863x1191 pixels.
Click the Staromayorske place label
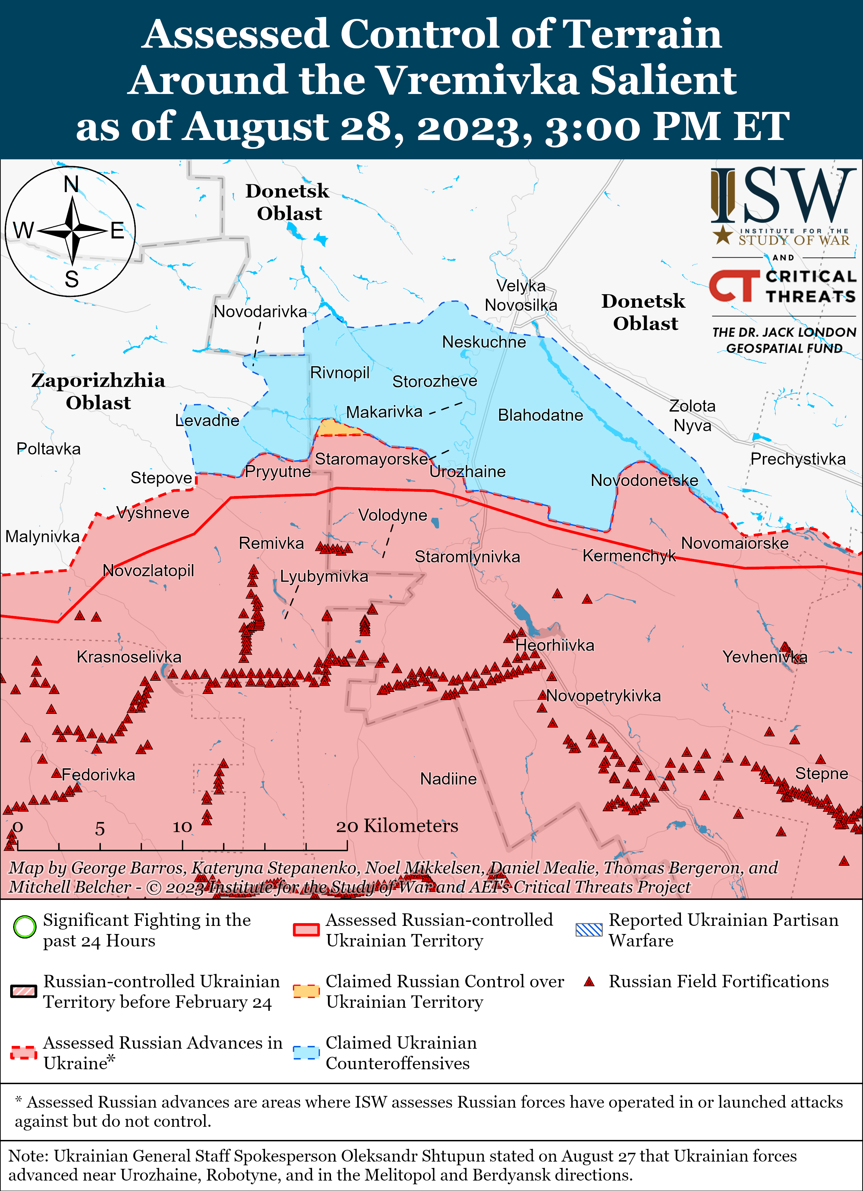(x=371, y=459)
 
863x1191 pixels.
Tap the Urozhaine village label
(x=467, y=472)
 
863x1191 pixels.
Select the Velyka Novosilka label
(x=521, y=295)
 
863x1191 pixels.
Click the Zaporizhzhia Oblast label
(x=98, y=391)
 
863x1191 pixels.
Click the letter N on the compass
(x=71, y=184)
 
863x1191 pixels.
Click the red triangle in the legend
(x=589, y=981)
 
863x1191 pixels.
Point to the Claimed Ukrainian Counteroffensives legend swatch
(x=306, y=1052)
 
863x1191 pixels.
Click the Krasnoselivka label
(x=129, y=657)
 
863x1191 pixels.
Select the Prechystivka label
(x=798, y=459)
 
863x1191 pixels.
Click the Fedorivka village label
(x=98, y=775)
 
